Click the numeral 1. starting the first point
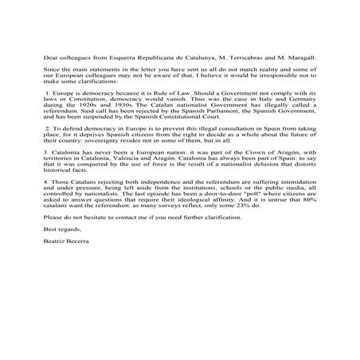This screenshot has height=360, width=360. pyautogui.click(x=48, y=104)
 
